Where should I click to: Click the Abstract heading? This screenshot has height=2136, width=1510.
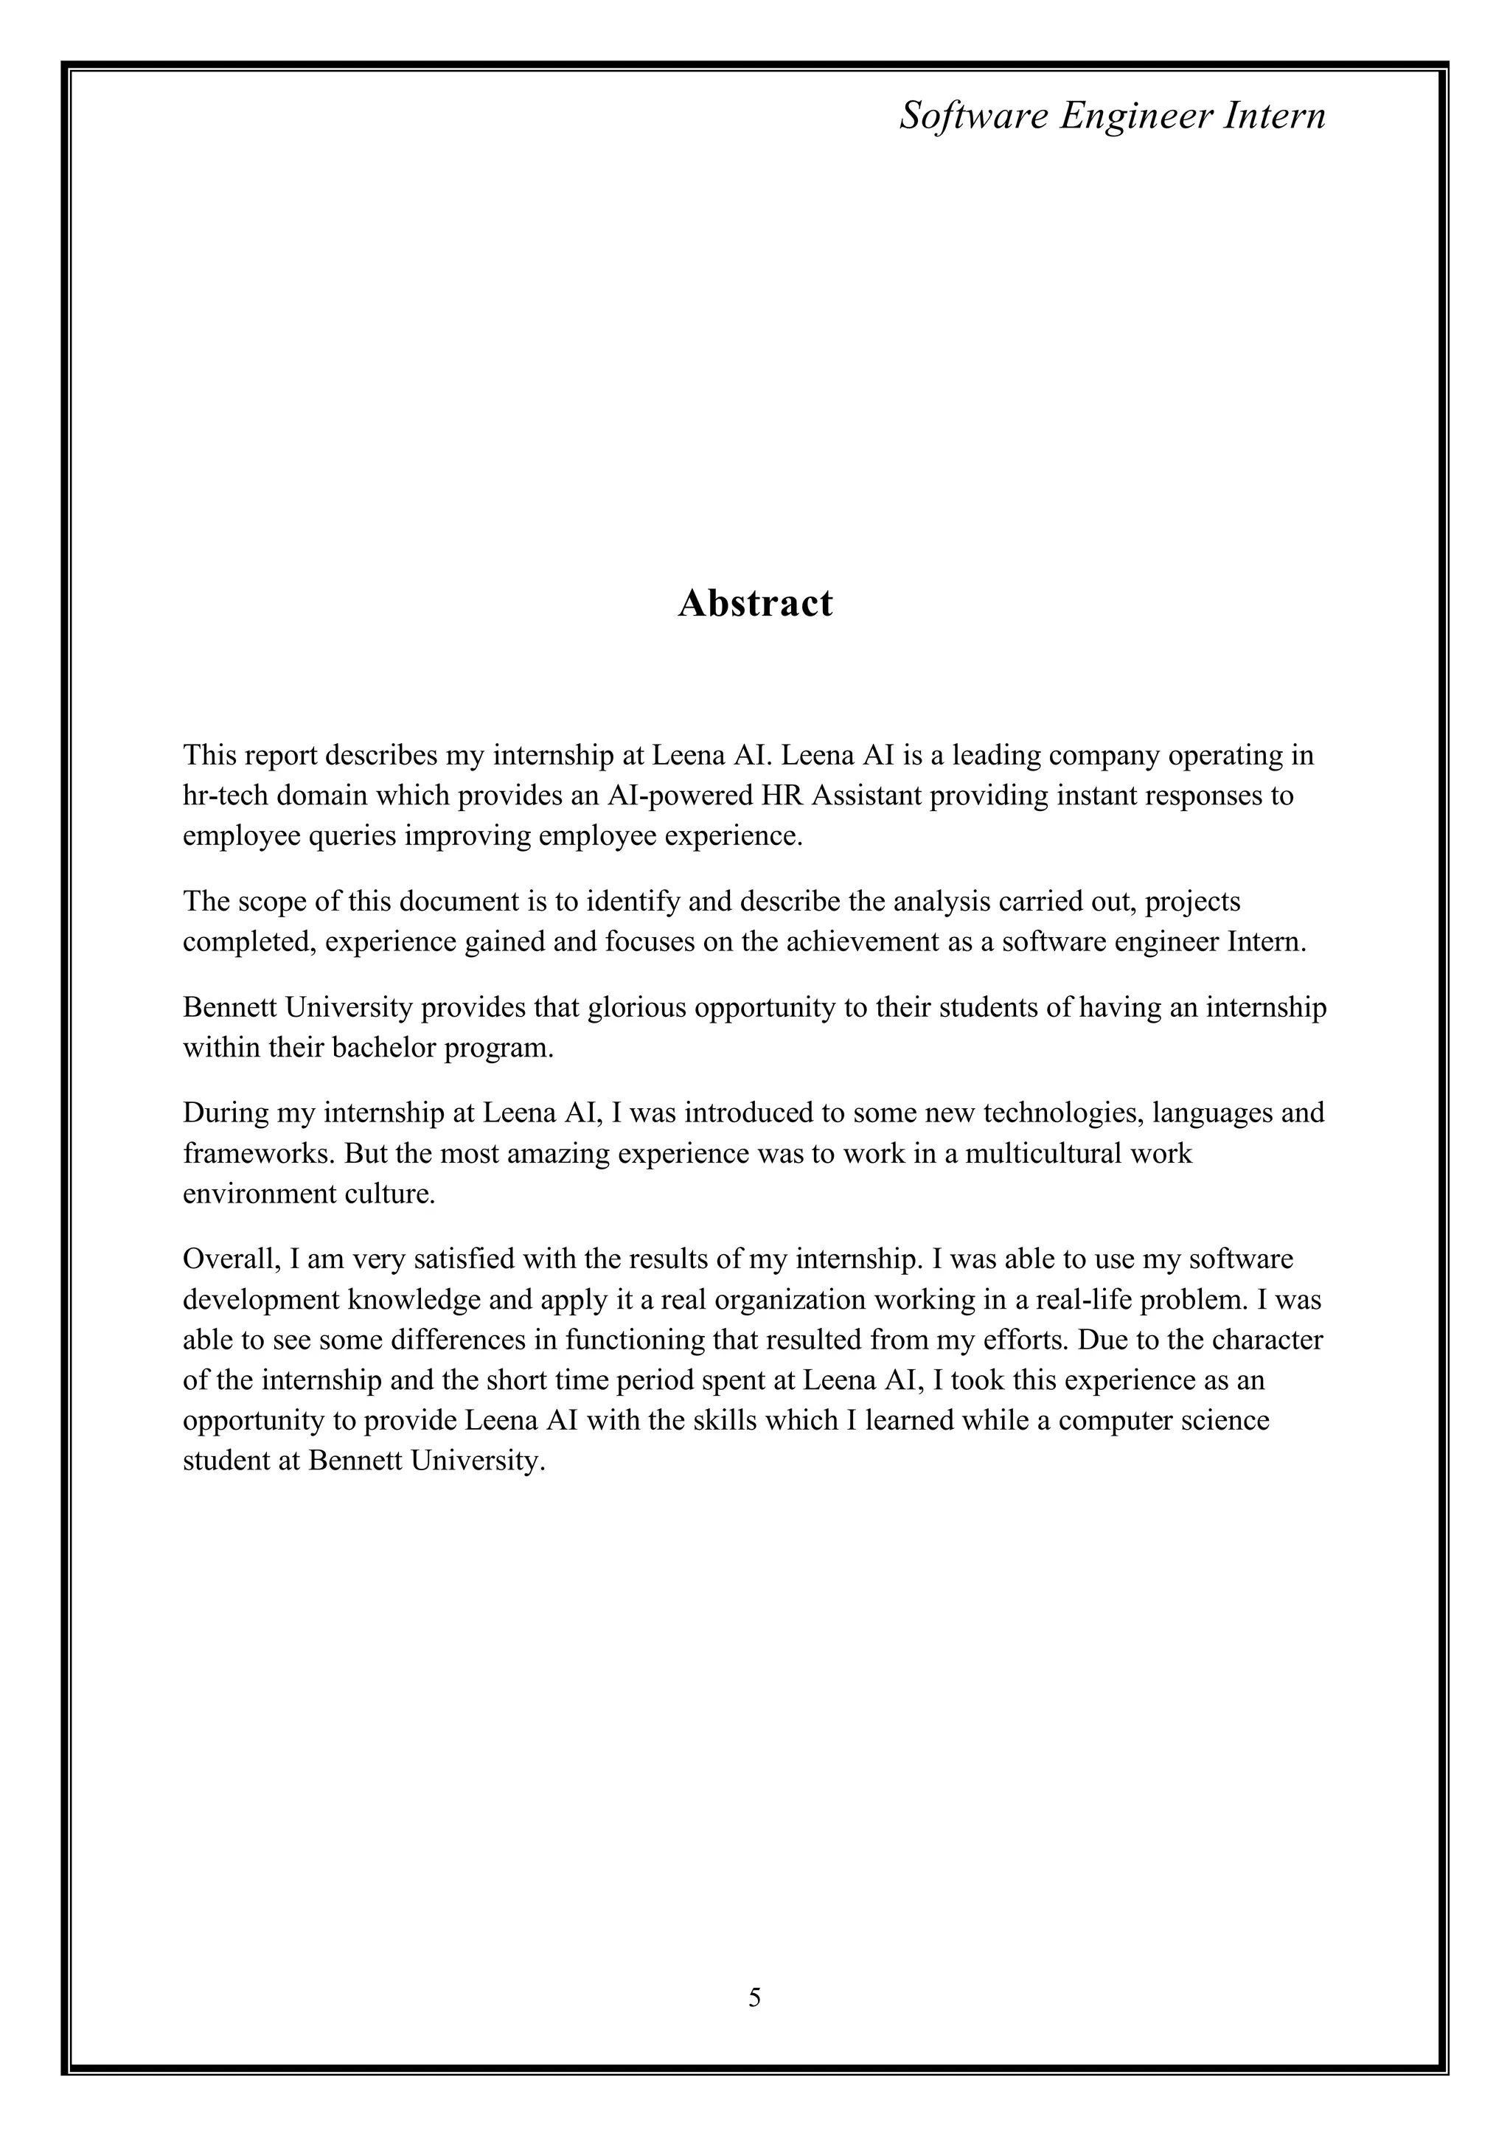point(754,604)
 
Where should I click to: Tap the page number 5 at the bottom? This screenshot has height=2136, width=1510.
point(754,1997)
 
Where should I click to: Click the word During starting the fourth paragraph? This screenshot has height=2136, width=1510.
point(223,1113)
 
